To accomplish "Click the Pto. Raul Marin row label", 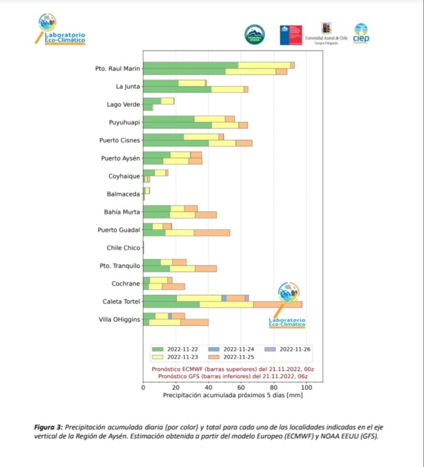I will point(117,69).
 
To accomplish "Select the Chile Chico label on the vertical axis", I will point(123,248).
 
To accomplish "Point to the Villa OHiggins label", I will point(119,320).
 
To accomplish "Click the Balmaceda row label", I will point(123,194).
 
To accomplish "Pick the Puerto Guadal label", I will point(119,230).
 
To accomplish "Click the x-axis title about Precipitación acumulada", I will point(225,395).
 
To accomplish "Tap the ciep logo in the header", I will point(361,33).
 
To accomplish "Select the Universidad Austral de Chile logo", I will point(326,34).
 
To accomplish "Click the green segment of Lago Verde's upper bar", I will point(152,101).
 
